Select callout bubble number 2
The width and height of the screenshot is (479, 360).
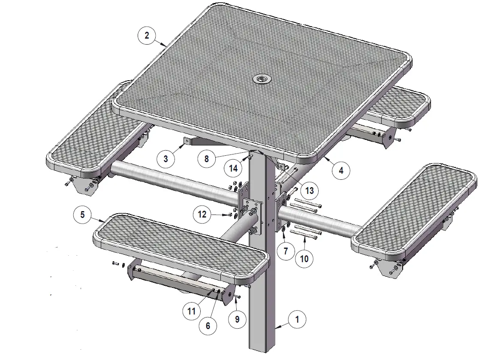(147, 35)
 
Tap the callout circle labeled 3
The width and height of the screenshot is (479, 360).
(166, 158)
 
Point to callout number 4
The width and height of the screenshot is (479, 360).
(341, 170)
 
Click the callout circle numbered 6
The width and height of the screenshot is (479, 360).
(208, 326)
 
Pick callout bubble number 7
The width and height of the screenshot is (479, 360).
(286, 251)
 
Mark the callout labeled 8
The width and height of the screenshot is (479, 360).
(206, 158)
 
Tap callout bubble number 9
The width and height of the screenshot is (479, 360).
(237, 319)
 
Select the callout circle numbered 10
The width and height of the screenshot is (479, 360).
(304, 259)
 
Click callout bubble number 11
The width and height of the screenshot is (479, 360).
(190, 311)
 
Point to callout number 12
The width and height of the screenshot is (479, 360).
(202, 214)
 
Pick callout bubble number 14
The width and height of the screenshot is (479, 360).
(233, 169)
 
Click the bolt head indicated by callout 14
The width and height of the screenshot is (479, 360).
(248, 158)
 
